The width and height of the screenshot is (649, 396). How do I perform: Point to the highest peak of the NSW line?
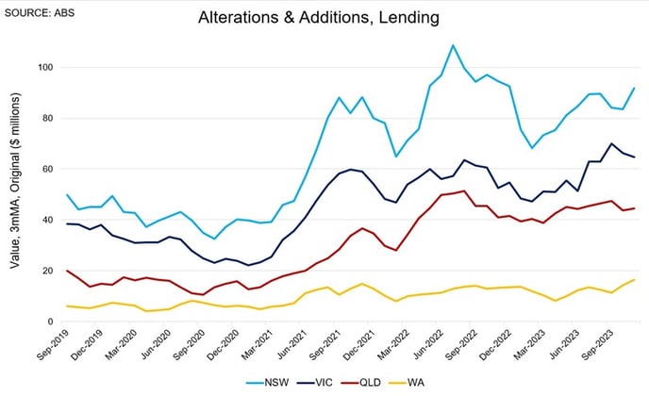tap(453, 45)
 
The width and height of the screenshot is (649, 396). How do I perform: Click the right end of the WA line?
tap(633, 280)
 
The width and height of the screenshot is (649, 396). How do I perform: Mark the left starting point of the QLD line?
tap(67, 271)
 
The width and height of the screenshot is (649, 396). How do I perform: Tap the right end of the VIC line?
tap(633, 157)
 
